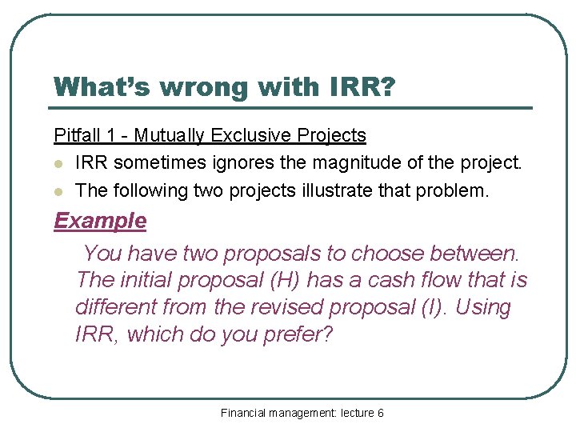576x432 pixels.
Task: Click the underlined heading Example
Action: point(100,221)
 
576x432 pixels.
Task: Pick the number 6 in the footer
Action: point(380,413)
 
